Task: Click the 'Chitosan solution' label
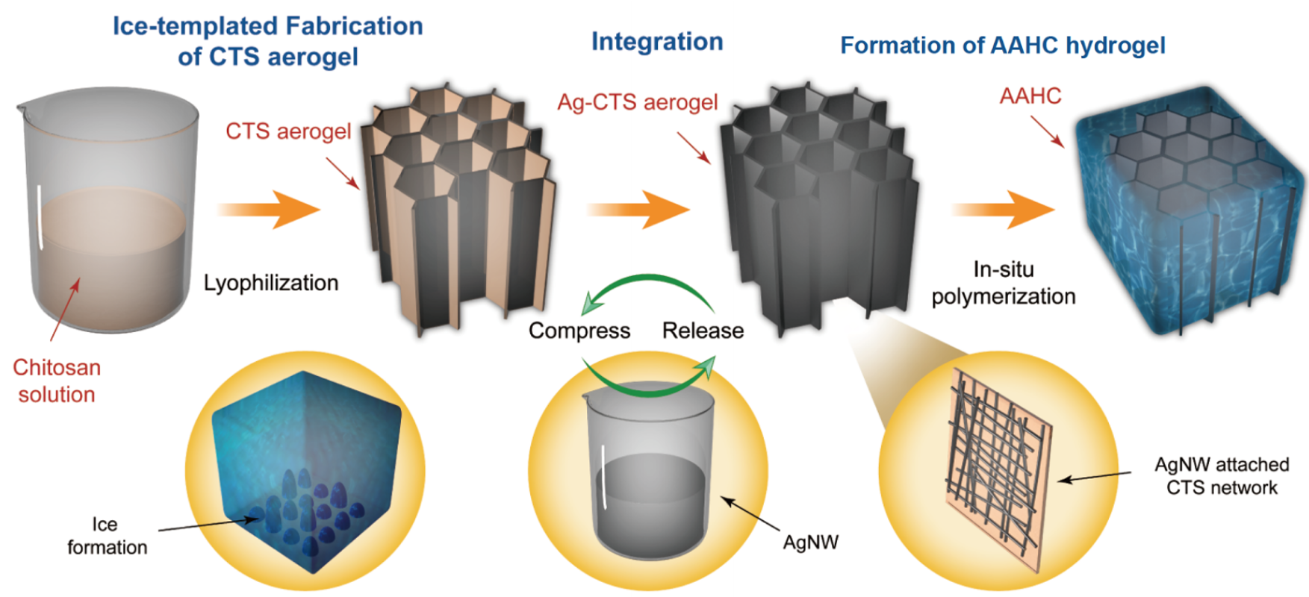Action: (x=57, y=381)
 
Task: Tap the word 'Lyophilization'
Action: (x=271, y=283)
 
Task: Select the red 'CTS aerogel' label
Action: (x=288, y=131)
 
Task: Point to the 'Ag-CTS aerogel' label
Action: (x=638, y=102)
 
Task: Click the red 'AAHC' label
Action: (x=1030, y=96)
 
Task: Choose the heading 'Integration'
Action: (x=657, y=42)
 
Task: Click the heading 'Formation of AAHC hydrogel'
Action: (x=1003, y=46)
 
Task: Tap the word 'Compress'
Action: (x=579, y=331)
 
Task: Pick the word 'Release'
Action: (x=703, y=331)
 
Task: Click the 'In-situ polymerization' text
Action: (x=1004, y=283)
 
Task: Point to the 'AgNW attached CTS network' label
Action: (x=1222, y=476)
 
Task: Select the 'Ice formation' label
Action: (x=108, y=536)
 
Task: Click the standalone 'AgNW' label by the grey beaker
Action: (x=810, y=543)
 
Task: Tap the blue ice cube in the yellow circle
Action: (x=306, y=470)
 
